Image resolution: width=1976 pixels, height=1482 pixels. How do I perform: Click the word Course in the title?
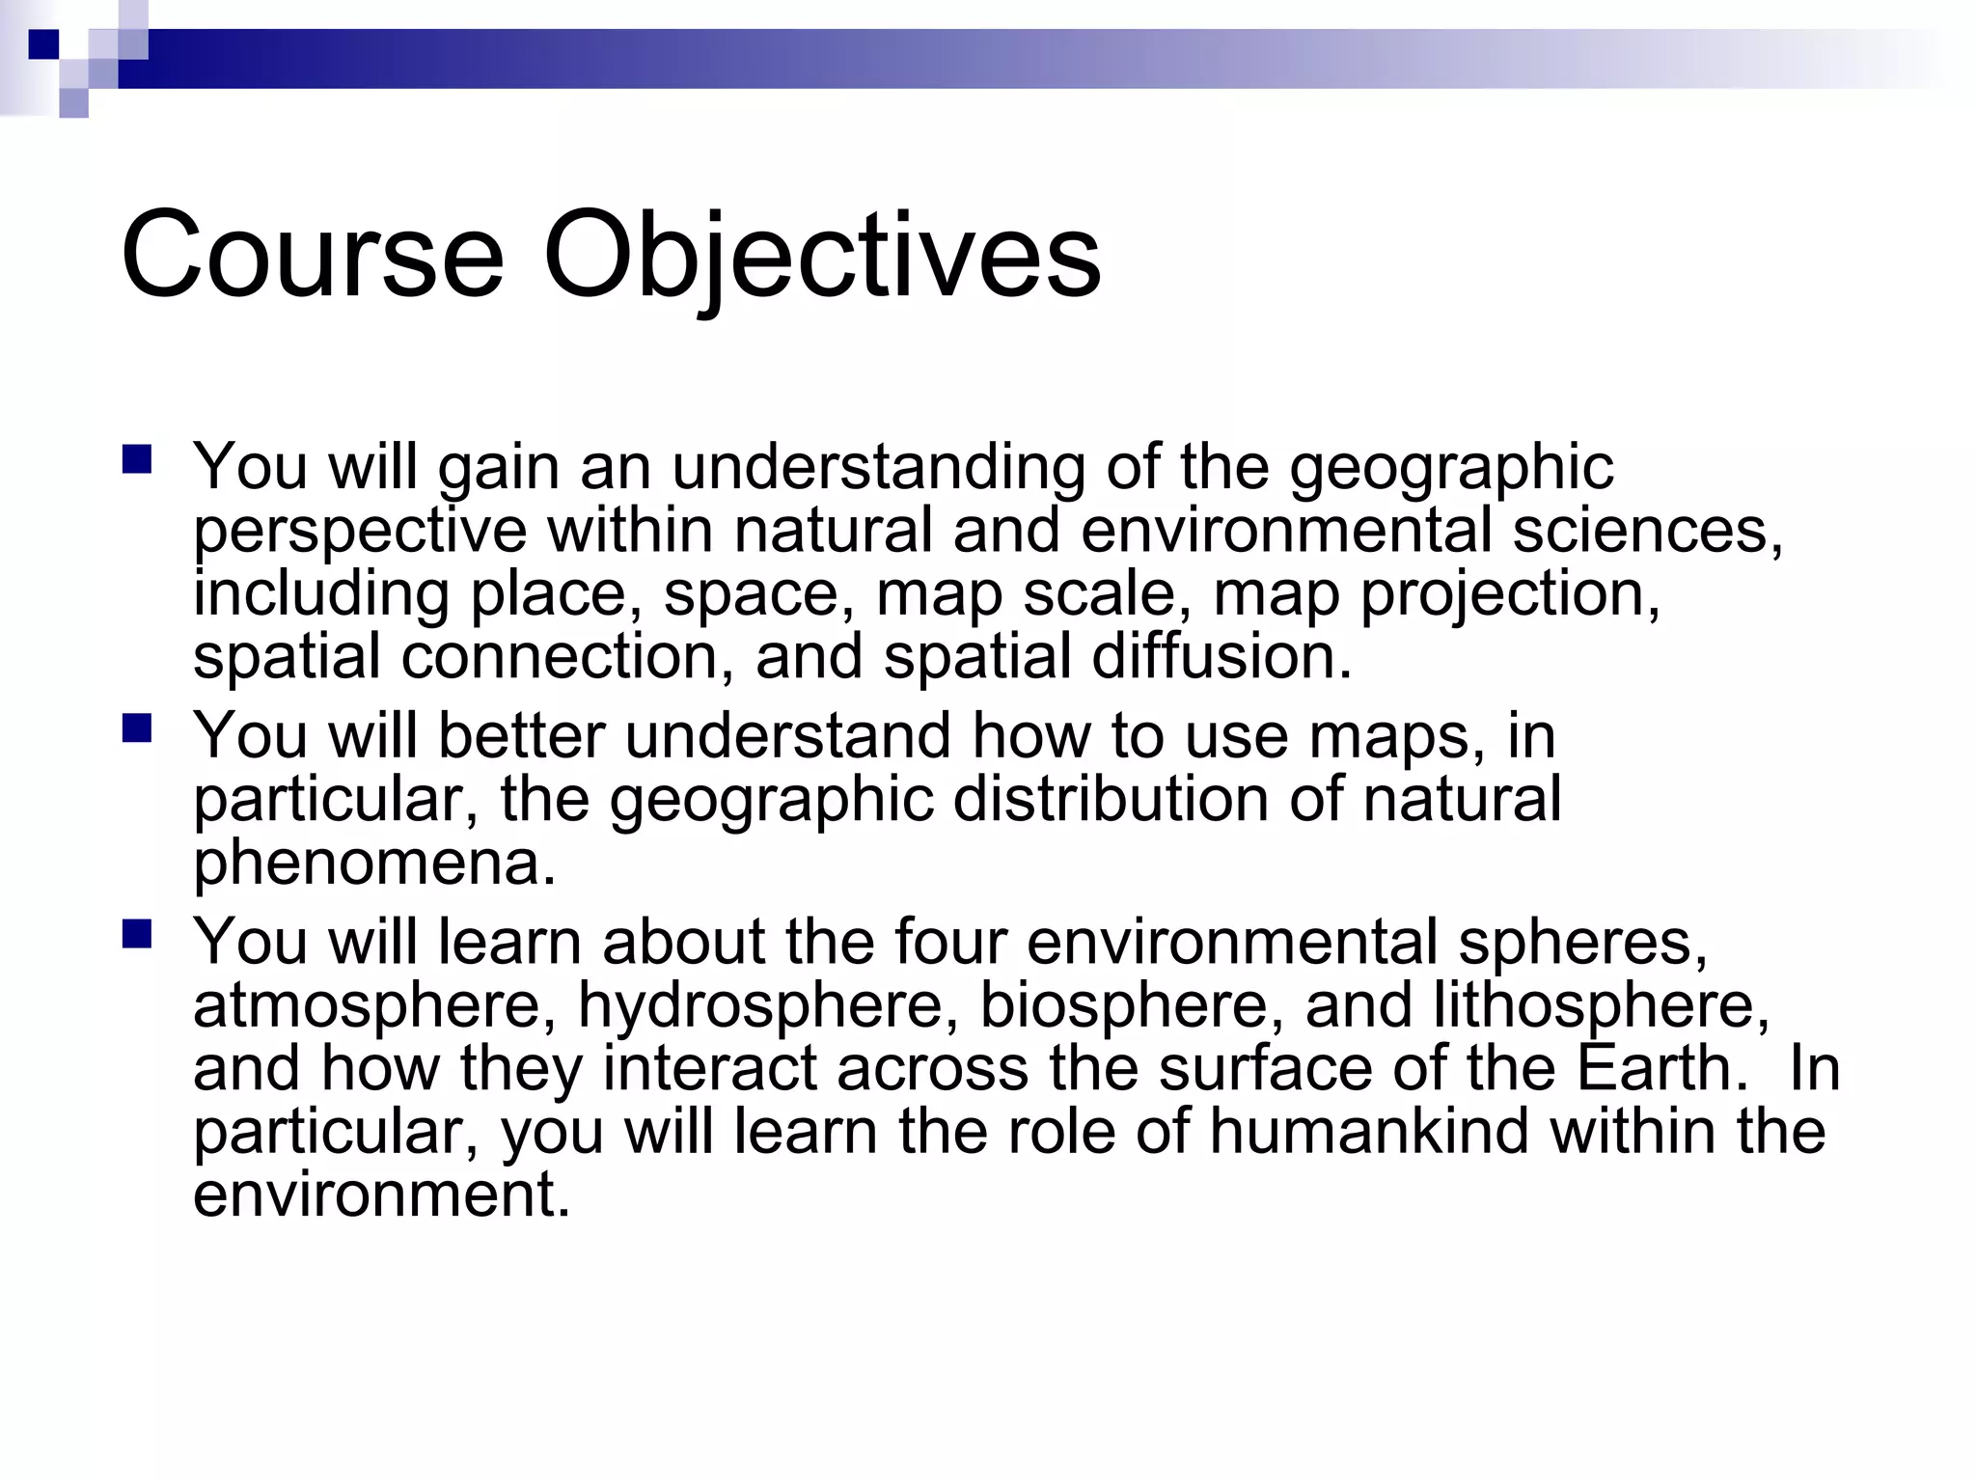312,257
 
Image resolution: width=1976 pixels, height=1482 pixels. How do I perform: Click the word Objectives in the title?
821,257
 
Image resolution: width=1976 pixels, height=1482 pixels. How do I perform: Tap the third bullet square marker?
137,933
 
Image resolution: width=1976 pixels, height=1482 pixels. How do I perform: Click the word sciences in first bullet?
1646,531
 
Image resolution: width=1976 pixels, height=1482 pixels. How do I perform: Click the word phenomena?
374,864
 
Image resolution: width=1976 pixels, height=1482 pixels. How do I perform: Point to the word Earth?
1660,1069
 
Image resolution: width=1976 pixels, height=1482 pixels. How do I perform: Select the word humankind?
1368,1131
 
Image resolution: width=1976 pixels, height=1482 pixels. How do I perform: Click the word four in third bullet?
950,942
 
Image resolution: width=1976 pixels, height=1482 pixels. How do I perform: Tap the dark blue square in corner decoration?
42,44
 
